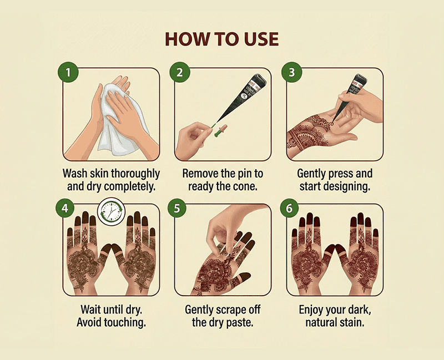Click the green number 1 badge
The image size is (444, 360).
pos(68,72)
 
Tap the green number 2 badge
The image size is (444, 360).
pos(180,72)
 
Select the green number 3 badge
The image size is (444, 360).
pos(292,72)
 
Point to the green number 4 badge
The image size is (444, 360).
pos(65,208)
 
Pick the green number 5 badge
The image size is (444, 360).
pos(177,208)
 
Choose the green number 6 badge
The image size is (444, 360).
pos(289,208)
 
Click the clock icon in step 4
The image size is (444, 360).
pos(111,212)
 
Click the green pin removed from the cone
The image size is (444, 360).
pos(219,130)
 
